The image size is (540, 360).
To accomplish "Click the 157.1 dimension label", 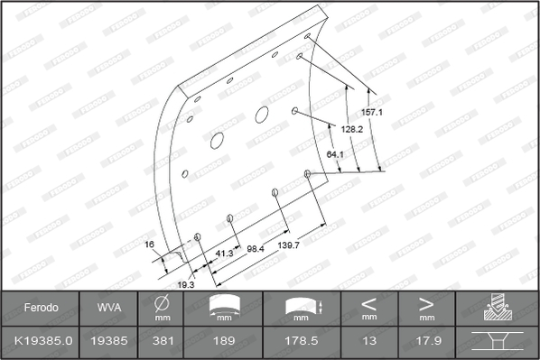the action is click(x=372, y=112).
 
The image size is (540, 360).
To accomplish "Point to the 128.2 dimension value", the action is click(x=352, y=129).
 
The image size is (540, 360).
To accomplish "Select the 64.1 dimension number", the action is click(x=335, y=154).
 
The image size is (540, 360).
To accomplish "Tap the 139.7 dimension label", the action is click(x=289, y=245).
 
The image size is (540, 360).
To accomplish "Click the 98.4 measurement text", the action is click(x=256, y=248).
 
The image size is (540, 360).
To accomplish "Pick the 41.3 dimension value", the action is click(x=224, y=254).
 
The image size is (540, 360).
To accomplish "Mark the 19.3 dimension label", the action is click(x=186, y=284).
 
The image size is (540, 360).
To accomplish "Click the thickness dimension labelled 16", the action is click(x=149, y=245).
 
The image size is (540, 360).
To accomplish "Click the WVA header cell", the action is click(x=109, y=308).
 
